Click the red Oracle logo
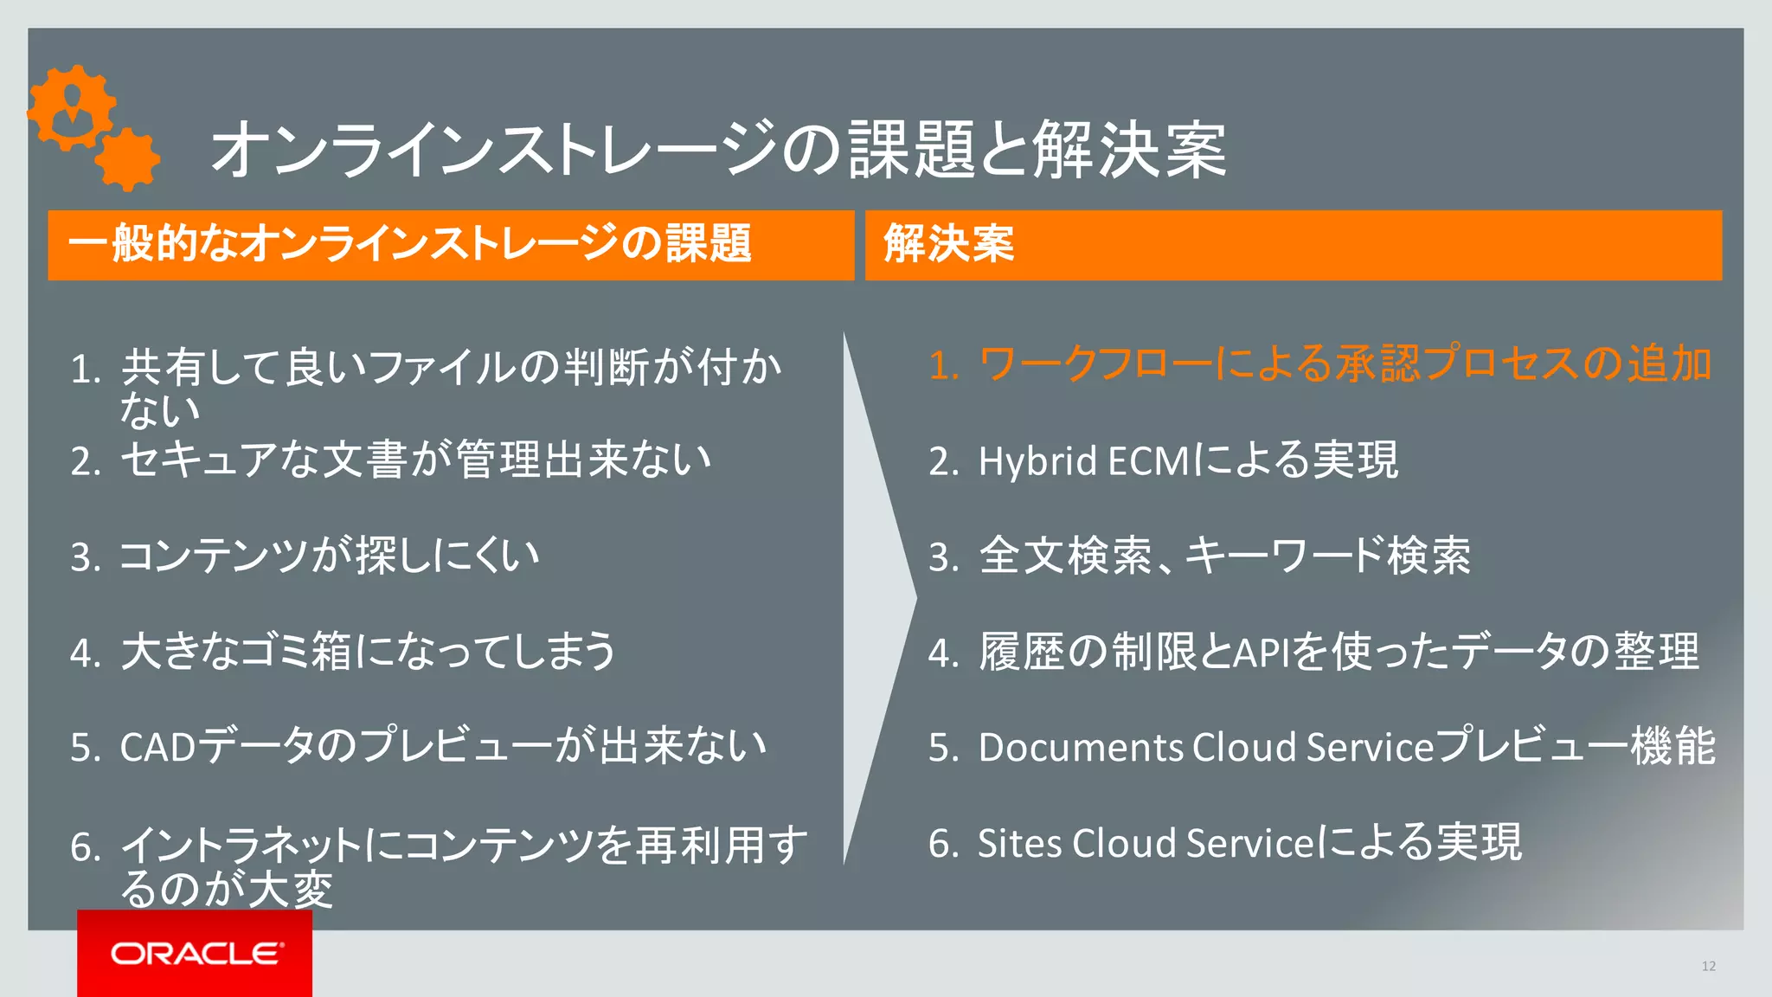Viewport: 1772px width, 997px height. tap(195, 953)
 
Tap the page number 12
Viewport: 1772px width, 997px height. tap(1708, 966)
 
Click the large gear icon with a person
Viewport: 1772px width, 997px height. tap(71, 107)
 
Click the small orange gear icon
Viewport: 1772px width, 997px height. tap(127, 159)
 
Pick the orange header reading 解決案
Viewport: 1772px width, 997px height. tap(949, 244)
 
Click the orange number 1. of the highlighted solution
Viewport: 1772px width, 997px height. tap(942, 365)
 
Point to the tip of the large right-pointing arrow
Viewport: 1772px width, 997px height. tap(914, 596)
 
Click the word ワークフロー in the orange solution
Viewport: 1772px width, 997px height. tap(1095, 364)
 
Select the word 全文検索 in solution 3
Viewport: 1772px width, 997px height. tap(1065, 556)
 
